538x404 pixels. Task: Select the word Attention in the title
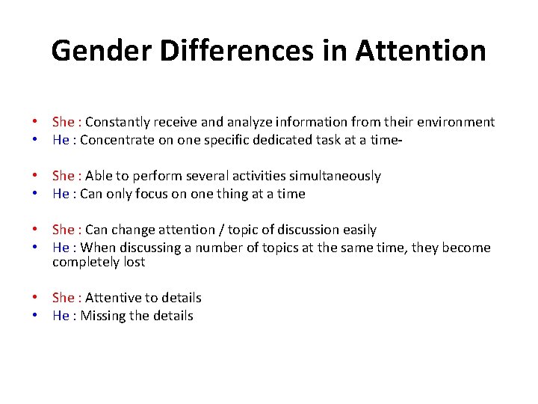(x=421, y=51)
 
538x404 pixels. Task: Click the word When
(x=96, y=248)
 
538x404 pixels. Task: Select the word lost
(x=133, y=262)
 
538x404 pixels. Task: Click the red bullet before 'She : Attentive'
(x=35, y=298)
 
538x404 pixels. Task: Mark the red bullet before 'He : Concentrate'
(x=35, y=139)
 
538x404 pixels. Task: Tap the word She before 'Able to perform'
(x=63, y=176)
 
